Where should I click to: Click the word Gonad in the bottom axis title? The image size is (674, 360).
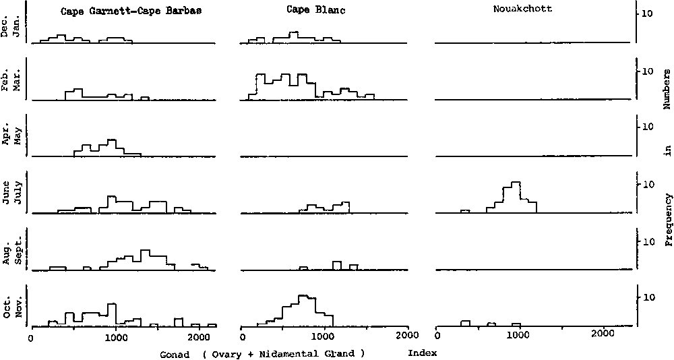(x=175, y=353)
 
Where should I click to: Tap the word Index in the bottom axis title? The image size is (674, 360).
(x=423, y=353)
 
